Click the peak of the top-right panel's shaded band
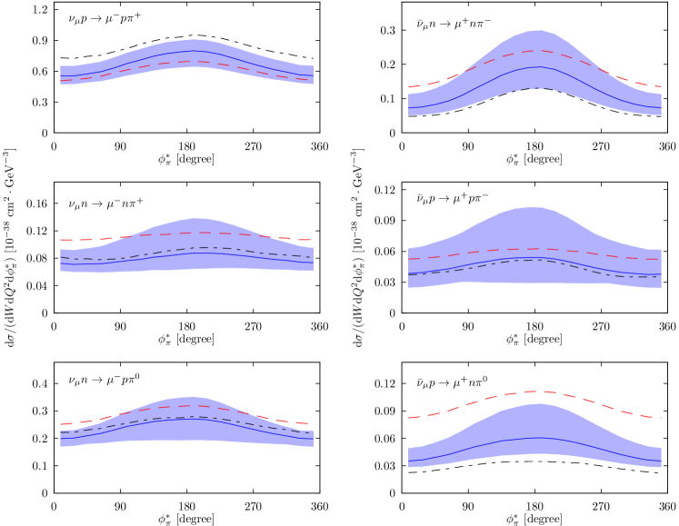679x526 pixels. click(537, 30)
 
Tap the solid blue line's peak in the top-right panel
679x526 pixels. click(539, 66)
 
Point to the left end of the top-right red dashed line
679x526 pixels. click(409, 87)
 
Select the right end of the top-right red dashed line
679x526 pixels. click(661, 86)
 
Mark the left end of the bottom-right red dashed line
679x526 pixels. click(409, 418)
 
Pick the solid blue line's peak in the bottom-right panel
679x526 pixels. click(539, 438)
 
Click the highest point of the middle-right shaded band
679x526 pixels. click(532, 207)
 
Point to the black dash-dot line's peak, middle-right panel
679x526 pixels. click(533, 260)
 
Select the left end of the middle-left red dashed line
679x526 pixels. click(61, 240)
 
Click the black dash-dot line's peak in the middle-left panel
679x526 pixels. click(205, 247)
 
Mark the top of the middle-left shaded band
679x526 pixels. click(195, 218)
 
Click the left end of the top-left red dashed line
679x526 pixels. click(61, 81)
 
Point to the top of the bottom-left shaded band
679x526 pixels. click(193, 396)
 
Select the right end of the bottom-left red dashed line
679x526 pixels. click(313, 423)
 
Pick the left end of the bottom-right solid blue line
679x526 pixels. click(409, 461)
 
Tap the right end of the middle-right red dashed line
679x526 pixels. click(661, 259)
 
